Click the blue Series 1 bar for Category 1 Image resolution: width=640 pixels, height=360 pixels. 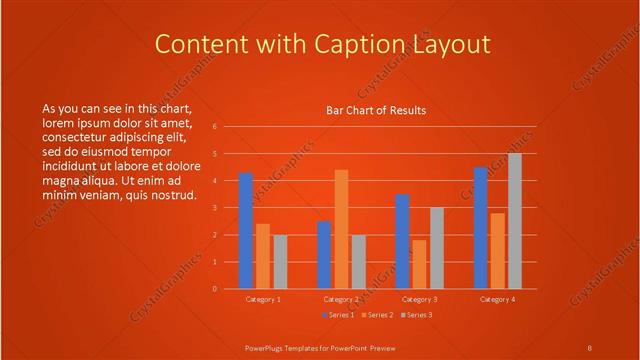pos(245,231)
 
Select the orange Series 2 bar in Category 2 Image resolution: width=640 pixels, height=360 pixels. pos(341,229)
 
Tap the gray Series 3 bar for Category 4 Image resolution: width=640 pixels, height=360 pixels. pos(514,221)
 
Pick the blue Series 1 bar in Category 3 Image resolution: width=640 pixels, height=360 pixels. pos(402,241)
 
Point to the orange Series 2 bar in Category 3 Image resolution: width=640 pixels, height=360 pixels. pos(419,264)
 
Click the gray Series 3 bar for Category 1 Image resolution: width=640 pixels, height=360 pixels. pos(280,262)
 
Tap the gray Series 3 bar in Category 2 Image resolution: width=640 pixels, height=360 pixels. pos(358,262)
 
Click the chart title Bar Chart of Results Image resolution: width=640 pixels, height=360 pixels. pos(376,110)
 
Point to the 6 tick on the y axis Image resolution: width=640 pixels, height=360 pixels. pos(213,127)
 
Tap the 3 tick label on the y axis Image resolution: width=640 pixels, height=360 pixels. pos(213,208)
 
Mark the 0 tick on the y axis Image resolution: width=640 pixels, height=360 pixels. pos(213,289)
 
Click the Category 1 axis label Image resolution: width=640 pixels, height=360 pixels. pos(263,299)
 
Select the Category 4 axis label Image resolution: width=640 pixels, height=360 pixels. pos(497,299)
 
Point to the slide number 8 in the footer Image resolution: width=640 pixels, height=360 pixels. pos(590,347)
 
